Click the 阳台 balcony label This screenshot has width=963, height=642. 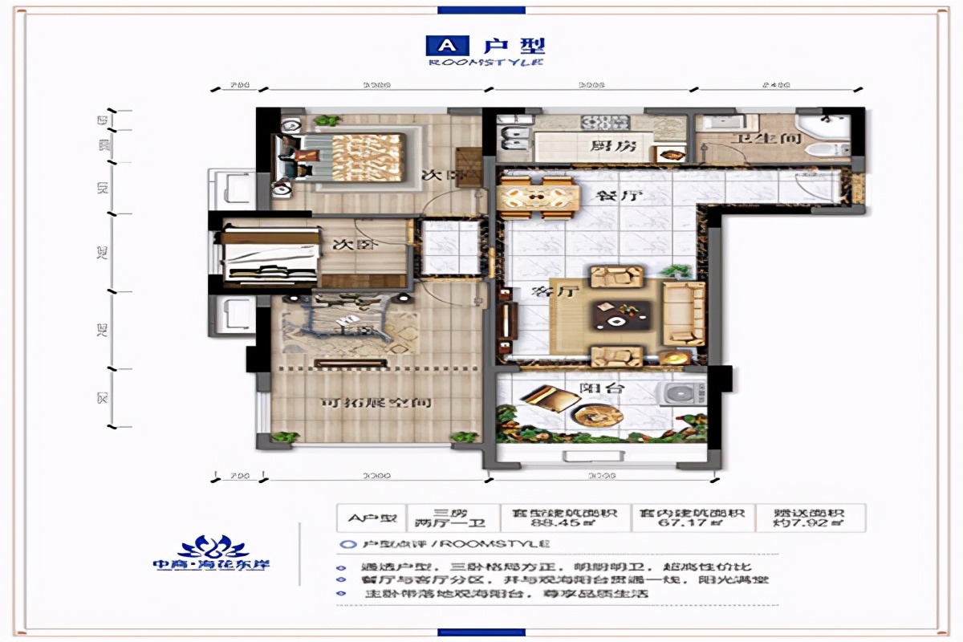[x=595, y=388]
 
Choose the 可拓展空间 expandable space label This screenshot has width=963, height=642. [x=365, y=403]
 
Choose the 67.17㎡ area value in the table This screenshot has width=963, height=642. [x=691, y=524]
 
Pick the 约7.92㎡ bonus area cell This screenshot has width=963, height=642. [x=811, y=524]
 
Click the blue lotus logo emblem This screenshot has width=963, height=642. [x=212, y=547]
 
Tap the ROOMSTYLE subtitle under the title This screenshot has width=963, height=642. [x=486, y=63]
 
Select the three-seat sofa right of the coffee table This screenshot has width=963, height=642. [x=684, y=314]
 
